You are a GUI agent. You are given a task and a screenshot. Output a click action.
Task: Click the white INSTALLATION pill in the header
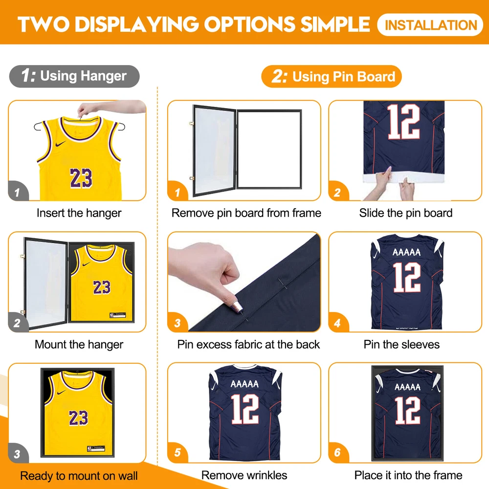pos(430,24)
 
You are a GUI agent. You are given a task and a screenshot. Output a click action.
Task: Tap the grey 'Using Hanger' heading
pos(74,76)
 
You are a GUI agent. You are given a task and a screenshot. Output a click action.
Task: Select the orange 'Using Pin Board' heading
pos(332,76)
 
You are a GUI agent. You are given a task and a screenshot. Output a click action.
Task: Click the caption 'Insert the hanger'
pos(79,213)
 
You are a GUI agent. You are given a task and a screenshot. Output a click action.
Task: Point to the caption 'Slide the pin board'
pos(406,213)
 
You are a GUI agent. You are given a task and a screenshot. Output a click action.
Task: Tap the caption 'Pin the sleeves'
pos(401,344)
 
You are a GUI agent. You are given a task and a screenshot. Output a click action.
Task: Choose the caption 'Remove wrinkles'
pos(244,475)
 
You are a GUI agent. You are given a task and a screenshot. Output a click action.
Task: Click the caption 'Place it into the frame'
pos(408,475)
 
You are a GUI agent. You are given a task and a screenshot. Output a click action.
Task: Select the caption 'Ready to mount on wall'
pos(79,476)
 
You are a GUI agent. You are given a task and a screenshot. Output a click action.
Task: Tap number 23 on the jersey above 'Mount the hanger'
pos(102,287)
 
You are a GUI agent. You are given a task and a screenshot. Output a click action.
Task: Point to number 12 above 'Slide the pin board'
pos(403,122)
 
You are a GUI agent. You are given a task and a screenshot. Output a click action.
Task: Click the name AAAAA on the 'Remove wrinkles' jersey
pos(244,384)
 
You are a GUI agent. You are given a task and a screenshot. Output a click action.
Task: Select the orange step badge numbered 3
pos(178,322)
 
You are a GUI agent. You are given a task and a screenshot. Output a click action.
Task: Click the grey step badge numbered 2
pos(18,322)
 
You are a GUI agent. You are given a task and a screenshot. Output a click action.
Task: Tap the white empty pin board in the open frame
pos(269,149)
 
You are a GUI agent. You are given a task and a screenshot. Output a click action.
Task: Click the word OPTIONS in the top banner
pos(249,24)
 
